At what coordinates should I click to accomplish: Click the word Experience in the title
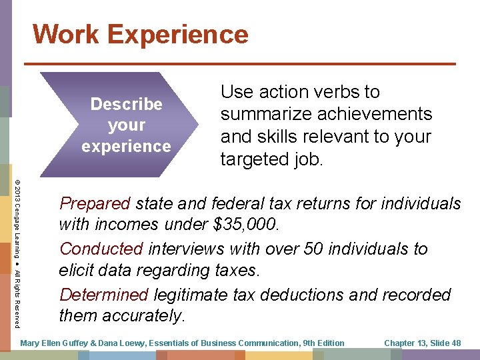point(179,34)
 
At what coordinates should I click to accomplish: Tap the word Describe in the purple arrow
point(126,104)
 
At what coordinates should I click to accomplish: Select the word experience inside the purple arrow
point(126,146)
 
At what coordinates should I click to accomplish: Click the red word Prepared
point(95,203)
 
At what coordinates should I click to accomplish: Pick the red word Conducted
point(101,249)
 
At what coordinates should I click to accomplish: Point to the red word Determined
point(104,295)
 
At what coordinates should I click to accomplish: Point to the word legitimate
point(200,295)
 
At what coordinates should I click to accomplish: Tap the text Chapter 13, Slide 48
point(423,343)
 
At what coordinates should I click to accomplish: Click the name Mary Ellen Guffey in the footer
point(53,343)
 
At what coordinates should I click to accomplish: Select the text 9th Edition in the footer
point(323,343)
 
